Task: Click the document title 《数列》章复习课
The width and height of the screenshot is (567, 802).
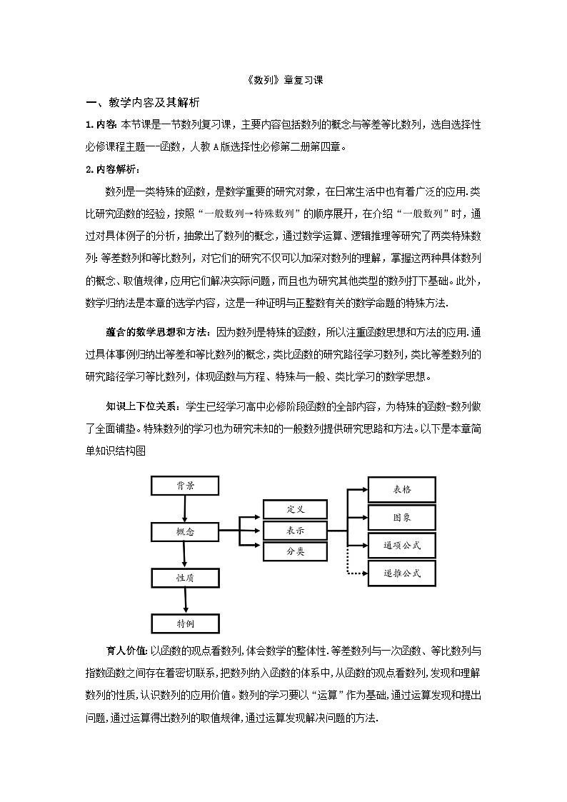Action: pyautogui.click(x=283, y=81)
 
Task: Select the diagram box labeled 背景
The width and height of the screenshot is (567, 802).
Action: pyautogui.click(x=185, y=486)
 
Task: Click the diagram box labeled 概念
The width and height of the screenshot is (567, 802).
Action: pyautogui.click(x=185, y=532)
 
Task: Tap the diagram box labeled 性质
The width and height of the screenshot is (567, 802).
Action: pyautogui.click(x=185, y=578)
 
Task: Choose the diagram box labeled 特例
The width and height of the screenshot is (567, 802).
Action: pyautogui.click(x=185, y=623)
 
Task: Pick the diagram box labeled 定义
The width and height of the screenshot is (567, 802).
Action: pyautogui.click(x=295, y=509)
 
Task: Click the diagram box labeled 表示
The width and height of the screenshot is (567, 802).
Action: pyautogui.click(x=295, y=531)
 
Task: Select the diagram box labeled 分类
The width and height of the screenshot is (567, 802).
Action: pyautogui.click(x=295, y=552)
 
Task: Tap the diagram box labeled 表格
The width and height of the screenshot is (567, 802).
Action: pyautogui.click(x=401, y=489)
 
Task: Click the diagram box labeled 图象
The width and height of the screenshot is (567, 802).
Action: pyautogui.click(x=401, y=517)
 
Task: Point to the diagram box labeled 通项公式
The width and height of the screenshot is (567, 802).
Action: pyautogui.click(x=401, y=546)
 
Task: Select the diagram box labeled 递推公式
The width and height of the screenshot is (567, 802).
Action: pyautogui.click(x=401, y=573)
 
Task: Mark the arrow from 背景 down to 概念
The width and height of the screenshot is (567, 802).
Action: pyautogui.click(x=185, y=508)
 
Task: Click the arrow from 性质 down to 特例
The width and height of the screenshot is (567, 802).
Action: pyautogui.click(x=185, y=601)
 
